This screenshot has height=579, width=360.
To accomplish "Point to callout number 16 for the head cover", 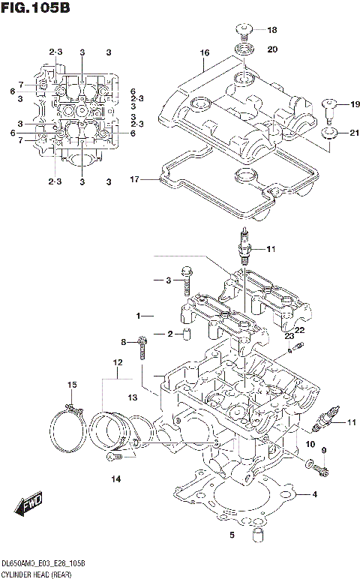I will (203, 52).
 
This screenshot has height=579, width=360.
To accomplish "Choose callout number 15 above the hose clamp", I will (71, 385).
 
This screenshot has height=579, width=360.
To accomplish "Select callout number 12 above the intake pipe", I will (116, 363).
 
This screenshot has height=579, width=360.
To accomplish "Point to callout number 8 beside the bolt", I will (124, 342).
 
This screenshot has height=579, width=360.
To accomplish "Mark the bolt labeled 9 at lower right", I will (323, 471).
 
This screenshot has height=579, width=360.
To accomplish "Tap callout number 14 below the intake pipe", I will (115, 478).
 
